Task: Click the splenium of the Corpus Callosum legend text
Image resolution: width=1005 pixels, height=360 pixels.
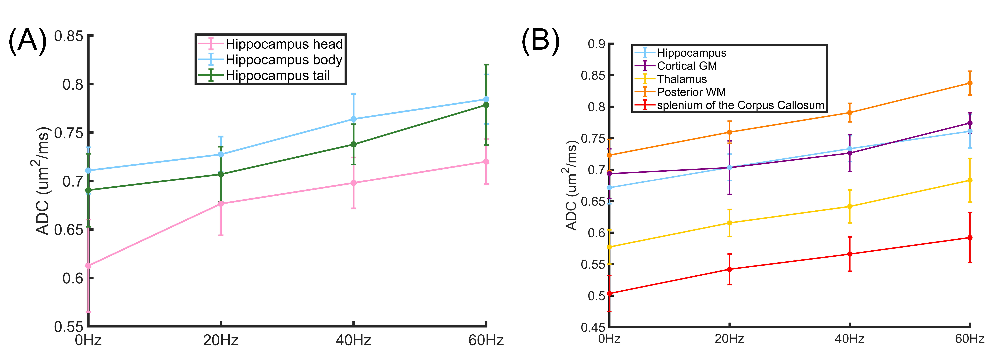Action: click(x=740, y=105)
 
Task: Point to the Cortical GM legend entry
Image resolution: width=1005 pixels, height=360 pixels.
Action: click(x=687, y=66)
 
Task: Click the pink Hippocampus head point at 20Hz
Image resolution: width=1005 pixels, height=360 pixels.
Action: click(x=221, y=204)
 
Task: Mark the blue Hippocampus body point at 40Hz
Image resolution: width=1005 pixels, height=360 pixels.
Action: click(x=354, y=119)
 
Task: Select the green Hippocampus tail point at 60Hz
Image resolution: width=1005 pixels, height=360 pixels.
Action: click(x=486, y=105)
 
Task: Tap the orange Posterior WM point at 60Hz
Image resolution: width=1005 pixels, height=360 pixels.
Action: click(x=970, y=83)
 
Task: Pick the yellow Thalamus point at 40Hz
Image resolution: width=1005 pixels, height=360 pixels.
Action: click(x=850, y=207)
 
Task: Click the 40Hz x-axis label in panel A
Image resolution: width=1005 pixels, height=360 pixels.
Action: click(x=354, y=340)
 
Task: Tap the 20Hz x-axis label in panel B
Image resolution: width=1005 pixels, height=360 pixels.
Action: click(x=729, y=339)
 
